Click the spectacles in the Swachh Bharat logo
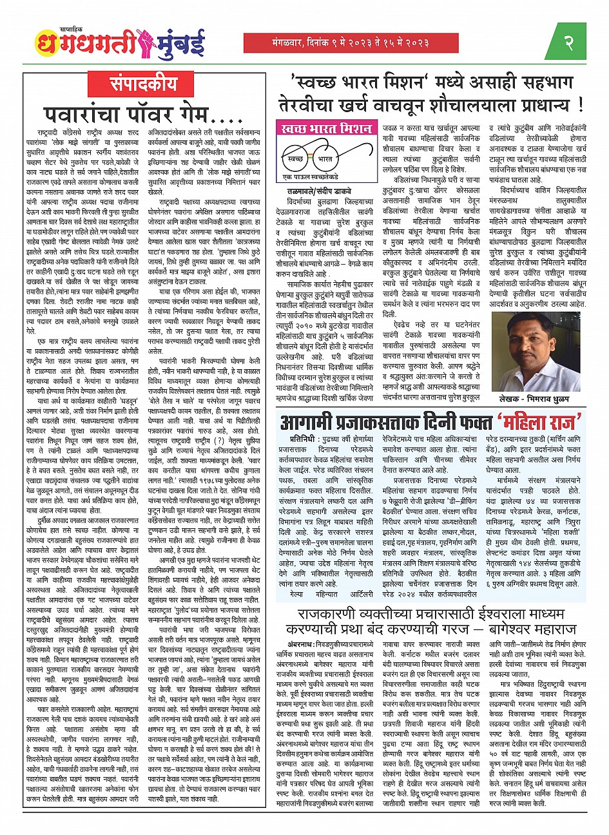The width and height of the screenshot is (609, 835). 312,158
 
